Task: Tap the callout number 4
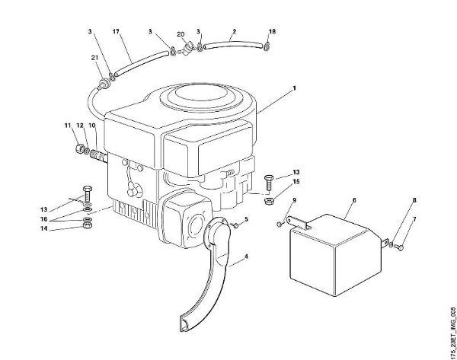pos(245,260)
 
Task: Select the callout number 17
pos(116,31)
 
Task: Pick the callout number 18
pos(273,31)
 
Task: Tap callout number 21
pos(94,58)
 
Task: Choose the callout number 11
pos(67,124)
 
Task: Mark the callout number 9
pos(290,200)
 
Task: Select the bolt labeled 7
pos(401,247)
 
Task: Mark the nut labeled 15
pos(269,201)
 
